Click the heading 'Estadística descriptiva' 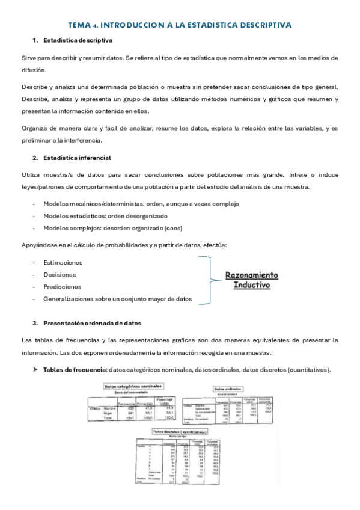pyautogui.click(x=78, y=40)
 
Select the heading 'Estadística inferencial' pyautogui.click(x=76, y=158)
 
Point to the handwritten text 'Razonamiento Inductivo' pyautogui.click(x=251, y=280)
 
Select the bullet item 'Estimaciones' pyautogui.click(x=63, y=263)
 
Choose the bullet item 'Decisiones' pyautogui.click(x=60, y=275)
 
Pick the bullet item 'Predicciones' pyautogui.click(x=62, y=287)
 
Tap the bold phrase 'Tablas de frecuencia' pyautogui.click(x=75, y=369)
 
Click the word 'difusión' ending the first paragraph pyautogui.click(x=34, y=70)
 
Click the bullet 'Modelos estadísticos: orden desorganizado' pyautogui.click(x=105, y=216)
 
